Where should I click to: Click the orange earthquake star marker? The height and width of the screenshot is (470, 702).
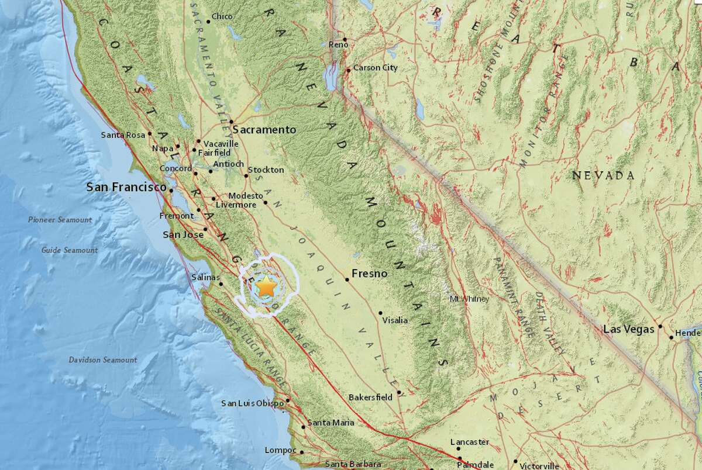267,286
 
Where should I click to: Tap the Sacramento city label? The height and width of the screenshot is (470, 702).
264,130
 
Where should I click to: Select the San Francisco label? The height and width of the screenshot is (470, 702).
126,188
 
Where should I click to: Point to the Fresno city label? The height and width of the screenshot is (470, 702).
371,273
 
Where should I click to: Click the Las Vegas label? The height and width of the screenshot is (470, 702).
628,330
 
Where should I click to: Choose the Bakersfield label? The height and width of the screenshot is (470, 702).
370,398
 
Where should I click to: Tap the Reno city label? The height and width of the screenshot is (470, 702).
338,44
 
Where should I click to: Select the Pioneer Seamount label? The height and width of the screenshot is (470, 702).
60,220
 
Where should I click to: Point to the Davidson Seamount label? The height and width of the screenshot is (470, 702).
102,360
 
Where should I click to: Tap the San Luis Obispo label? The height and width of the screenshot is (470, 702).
252,403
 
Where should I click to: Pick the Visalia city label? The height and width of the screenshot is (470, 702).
395,320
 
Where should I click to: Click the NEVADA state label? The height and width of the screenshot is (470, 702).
603,175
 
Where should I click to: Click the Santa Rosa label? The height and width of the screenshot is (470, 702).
123,135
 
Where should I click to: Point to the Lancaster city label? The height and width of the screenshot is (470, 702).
470,443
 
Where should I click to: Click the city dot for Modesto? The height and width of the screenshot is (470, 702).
266,203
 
